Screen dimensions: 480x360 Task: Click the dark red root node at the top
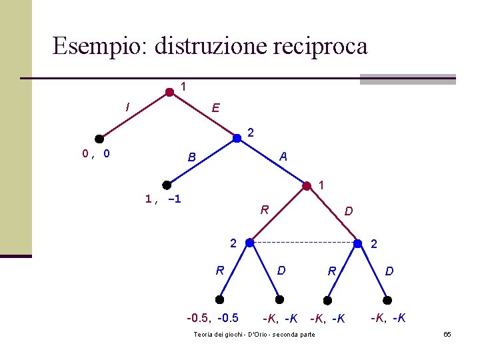click(169, 93)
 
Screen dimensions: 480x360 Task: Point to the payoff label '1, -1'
click(163, 199)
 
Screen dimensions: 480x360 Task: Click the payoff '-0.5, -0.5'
click(213, 317)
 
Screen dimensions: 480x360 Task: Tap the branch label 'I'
click(127, 106)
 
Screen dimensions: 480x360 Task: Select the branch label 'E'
click(215, 108)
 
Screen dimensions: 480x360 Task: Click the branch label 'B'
click(191, 158)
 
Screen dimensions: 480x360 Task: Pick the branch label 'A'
click(283, 157)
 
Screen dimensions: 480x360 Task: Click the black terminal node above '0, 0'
click(99, 139)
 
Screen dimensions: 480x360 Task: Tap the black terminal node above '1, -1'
click(167, 185)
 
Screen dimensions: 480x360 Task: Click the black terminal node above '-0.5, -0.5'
click(220, 300)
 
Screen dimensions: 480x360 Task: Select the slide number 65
click(447, 333)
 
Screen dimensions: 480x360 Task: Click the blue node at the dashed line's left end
click(249, 243)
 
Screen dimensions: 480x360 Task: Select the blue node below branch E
click(237, 139)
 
